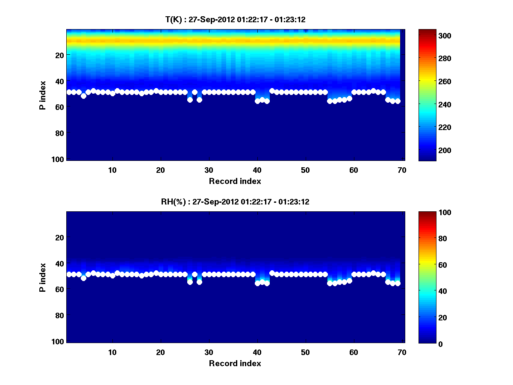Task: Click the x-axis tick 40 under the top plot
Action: click(x=257, y=170)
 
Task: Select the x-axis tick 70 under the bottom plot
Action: click(x=402, y=352)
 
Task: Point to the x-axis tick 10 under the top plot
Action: click(x=112, y=170)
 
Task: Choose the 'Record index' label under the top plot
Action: click(x=235, y=181)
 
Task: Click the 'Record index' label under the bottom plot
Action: click(x=235, y=364)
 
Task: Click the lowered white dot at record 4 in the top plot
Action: click(x=83, y=96)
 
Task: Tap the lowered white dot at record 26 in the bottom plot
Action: click(x=190, y=282)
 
